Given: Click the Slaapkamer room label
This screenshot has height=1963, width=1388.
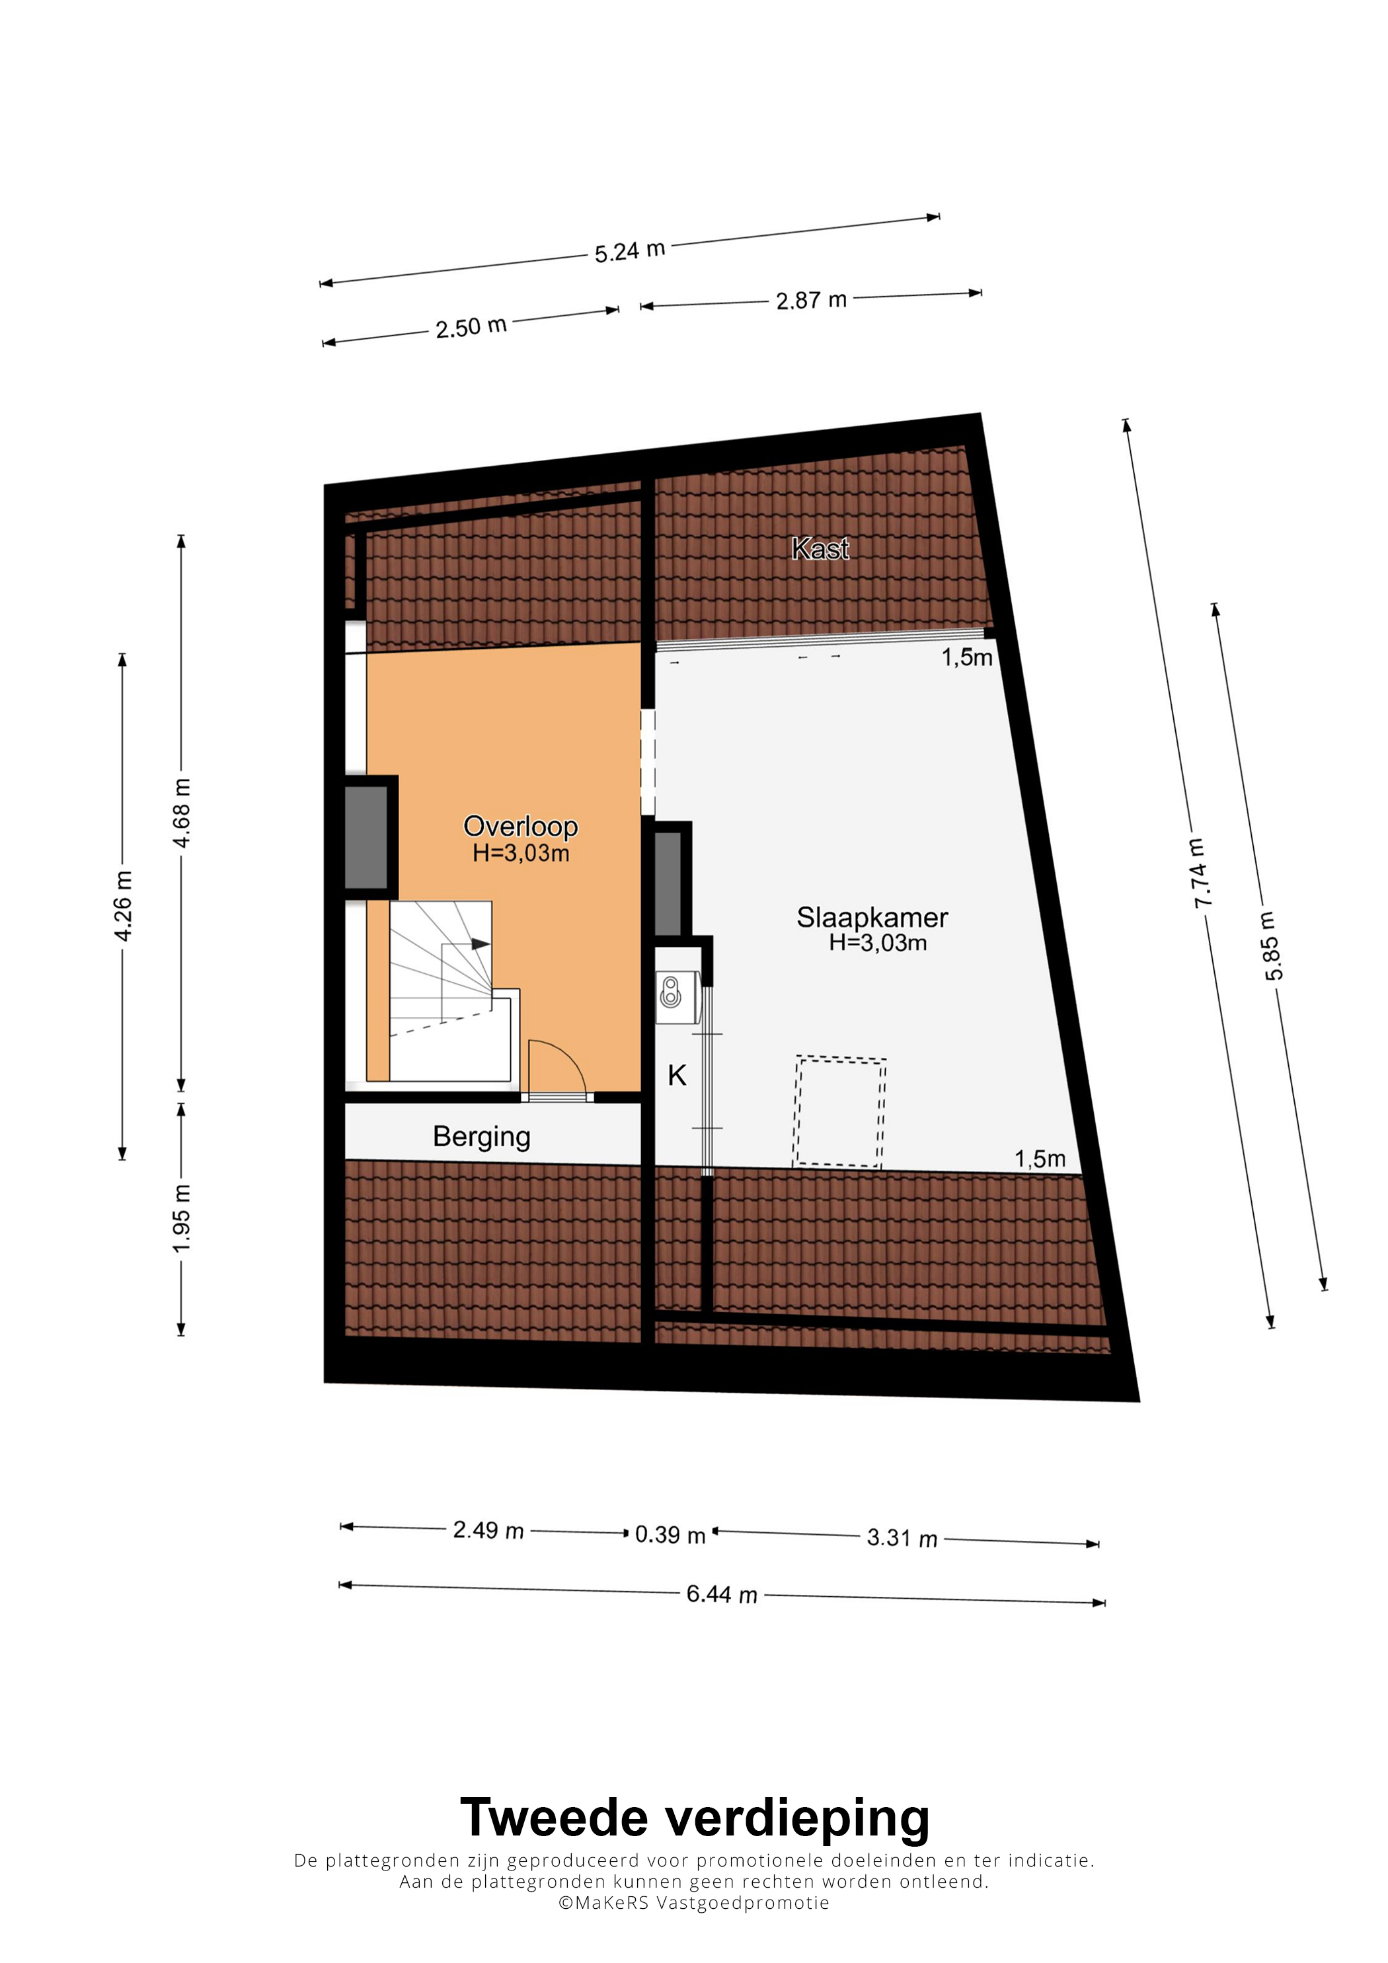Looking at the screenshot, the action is pos(872,917).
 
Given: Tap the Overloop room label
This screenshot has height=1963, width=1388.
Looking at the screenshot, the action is pos(520,826).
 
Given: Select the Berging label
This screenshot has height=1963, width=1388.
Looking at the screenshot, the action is pos(481,1136).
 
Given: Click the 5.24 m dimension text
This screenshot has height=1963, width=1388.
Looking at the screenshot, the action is pos(629,251).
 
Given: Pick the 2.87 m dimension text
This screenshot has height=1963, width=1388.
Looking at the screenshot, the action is pos(811,300).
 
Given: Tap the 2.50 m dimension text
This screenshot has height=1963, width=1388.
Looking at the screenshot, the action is pos(471,326).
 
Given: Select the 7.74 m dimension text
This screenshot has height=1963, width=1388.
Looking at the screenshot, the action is pos(1200,873).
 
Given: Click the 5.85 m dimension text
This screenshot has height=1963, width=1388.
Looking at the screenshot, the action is pos(1272,946).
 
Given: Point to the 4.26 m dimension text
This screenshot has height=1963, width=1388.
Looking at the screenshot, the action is pos(123,907).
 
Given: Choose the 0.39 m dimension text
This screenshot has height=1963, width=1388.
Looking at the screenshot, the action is pos(670,1535).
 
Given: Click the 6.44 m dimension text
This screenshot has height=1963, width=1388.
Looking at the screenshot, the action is pos(722,1594).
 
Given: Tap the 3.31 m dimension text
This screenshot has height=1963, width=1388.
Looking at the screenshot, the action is pos(902,1538).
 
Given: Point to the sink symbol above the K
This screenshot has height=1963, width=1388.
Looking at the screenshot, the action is pos(672,992).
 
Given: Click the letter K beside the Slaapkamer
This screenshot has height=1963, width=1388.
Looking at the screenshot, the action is pos(677,1076).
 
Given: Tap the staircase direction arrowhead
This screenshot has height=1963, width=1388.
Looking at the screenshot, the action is pos(481,944).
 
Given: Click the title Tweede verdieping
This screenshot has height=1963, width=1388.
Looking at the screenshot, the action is pos(695,1818).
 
